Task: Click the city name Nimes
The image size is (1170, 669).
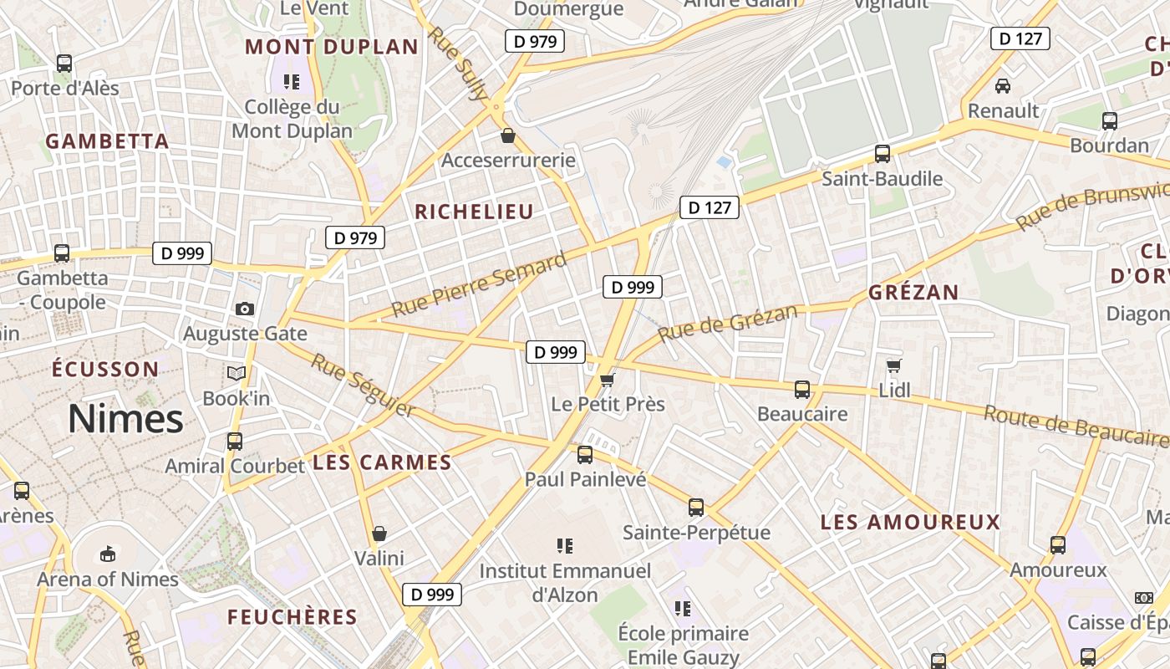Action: (125, 418)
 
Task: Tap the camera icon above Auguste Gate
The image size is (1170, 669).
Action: (244, 309)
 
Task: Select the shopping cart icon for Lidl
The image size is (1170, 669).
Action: (893, 365)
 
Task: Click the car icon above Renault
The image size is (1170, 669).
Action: (1002, 85)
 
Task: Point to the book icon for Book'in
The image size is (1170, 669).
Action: (237, 373)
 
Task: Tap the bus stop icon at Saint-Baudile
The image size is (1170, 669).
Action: (882, 153)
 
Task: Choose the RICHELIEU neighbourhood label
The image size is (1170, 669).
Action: (474, 212)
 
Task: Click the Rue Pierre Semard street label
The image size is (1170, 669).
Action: (479, 285)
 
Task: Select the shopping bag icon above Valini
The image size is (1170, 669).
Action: (379, 533)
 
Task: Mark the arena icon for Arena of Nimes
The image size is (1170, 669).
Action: (108, 554)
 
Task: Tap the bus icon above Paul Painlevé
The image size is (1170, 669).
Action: (585, 454)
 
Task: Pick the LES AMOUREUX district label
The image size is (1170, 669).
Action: (910, 523)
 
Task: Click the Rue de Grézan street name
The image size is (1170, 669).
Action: (727, 323)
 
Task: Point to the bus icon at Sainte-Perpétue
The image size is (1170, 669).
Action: (695, 507)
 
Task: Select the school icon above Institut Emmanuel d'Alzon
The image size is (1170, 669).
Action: (565, 546)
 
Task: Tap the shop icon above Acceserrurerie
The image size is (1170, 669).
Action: (507, 135)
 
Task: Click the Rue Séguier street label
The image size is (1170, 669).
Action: (363, 385)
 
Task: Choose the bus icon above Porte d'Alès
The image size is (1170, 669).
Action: (64, 63)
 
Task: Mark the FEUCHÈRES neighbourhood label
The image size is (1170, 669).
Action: (292, 617)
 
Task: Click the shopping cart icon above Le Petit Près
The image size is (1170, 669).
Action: (608, 380)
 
